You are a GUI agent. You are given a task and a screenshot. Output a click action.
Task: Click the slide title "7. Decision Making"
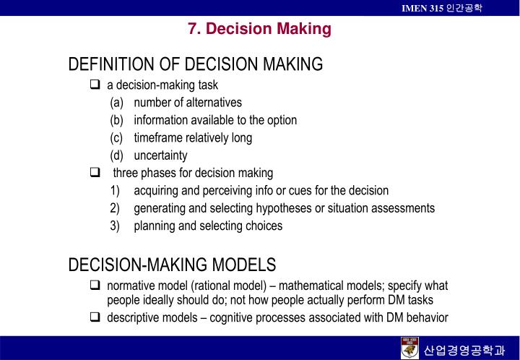coord(259,29)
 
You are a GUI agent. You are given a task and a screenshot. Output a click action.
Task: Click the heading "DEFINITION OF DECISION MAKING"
coord(195,65)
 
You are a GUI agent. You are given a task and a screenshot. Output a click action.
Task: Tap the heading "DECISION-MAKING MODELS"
coord(172,265)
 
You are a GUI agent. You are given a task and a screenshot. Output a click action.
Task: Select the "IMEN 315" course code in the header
coord(423,7)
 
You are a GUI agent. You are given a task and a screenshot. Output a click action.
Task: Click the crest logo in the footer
coord(409,347)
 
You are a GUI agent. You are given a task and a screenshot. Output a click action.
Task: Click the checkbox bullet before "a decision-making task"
coord(95,85)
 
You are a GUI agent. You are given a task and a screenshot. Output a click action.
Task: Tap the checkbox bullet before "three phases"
coord(95,173)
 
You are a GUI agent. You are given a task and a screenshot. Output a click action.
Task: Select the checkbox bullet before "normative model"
coord(95,285)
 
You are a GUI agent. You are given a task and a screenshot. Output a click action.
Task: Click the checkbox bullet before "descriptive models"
coord(95,317)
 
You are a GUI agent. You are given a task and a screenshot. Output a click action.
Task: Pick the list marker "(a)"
coord(117,103)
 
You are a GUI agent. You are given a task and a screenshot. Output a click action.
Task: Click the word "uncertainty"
coord(160,155)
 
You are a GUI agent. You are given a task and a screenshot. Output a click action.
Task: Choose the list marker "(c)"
coord(117,137)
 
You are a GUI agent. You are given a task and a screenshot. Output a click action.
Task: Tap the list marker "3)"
coord(115,226)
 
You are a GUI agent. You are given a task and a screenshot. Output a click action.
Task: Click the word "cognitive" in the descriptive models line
coord(232,317)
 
